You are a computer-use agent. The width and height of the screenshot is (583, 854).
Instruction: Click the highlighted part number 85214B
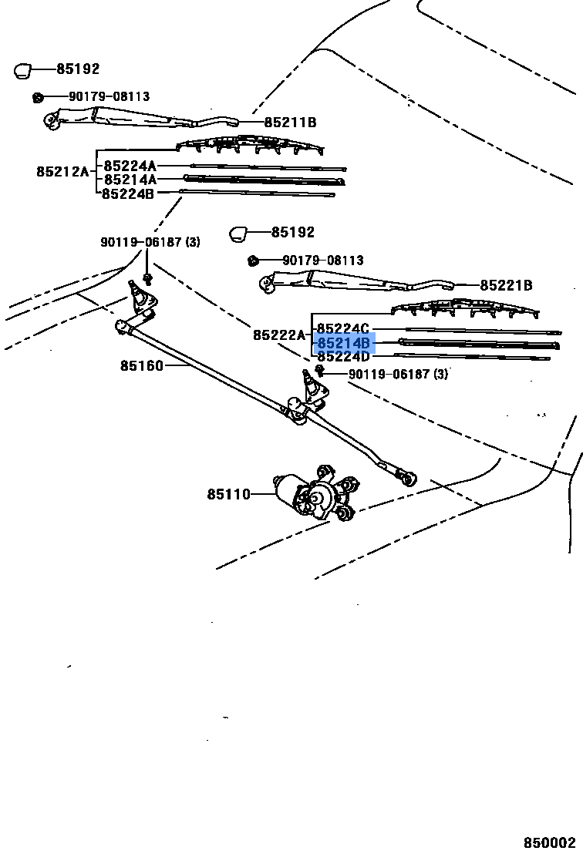point(344,343)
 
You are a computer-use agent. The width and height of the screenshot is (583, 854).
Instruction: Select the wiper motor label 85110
point(228,494)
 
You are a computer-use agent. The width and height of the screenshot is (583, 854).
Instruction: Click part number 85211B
point(290,123)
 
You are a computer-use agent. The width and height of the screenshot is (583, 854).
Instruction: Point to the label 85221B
point(506,286)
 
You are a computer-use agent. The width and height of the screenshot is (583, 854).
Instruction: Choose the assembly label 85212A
point(62,172)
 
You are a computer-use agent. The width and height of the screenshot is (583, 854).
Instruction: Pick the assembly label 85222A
point(279,335)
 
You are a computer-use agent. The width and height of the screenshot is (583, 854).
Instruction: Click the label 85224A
point(130,166)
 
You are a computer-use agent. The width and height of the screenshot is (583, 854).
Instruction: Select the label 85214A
point(130,180)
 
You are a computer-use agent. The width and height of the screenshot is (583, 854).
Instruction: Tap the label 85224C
point(344,329)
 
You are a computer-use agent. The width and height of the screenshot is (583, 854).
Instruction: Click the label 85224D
point(344,357)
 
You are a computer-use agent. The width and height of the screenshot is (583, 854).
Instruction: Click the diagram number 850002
point(550,843)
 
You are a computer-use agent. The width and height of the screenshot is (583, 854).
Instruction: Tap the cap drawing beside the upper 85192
point(22,71)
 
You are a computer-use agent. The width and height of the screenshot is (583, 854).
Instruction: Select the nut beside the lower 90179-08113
point(252,261)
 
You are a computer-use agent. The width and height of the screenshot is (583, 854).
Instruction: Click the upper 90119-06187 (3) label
point(150,242)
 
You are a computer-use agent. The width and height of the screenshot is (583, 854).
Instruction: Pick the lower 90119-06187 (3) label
point(398,375)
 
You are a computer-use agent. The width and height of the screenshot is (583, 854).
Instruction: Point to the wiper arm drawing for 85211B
point(139,118)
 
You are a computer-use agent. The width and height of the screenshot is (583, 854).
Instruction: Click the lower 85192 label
point(292,232)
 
